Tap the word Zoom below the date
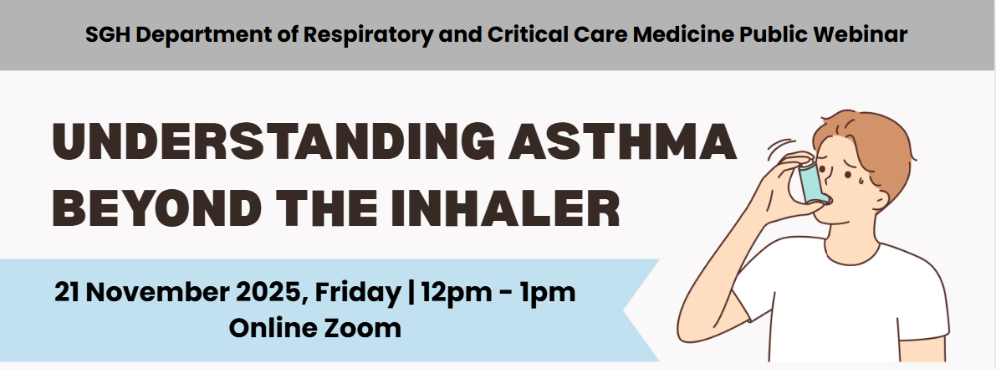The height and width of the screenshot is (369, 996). [x=360, y=326]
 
